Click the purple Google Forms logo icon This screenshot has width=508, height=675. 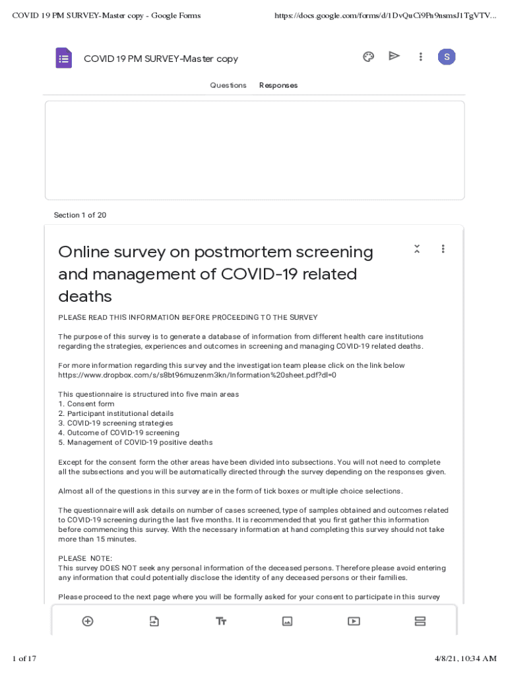tap(63, 58)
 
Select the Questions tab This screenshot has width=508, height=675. tap(228, 85)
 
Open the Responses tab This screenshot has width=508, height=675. tap(278, 85)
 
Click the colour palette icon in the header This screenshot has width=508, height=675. tap(369, 57)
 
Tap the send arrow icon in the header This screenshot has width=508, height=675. tap(394, 56)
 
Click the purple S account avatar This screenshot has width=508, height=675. tap(447, 57)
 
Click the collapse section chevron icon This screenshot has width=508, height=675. tap(417, 249)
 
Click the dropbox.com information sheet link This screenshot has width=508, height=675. tap(197, 375)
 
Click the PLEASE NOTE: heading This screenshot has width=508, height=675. tap(80, 558)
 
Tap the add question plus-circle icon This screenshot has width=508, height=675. tap(87, 621)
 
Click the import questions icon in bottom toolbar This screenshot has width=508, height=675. tap(154, 621)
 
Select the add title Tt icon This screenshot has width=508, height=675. tap(221, 621)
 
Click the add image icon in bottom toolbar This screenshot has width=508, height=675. tap(287, 621)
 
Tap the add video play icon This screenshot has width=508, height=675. tap(354, 621)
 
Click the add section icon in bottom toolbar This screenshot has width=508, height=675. tap(420, 621)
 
